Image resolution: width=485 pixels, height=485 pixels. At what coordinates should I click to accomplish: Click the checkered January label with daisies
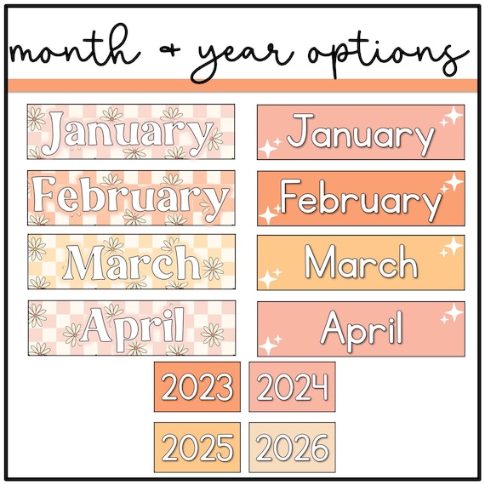(x=131, y=132)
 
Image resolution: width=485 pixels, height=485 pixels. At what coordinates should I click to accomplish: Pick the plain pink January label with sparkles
(x=361, y=133)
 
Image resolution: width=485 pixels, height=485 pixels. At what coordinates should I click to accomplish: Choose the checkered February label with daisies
(x=131, y=198)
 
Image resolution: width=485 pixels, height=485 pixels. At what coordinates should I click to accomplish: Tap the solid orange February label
(x=361, y=198)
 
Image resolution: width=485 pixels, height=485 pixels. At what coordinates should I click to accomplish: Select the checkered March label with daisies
(x=131, y=262)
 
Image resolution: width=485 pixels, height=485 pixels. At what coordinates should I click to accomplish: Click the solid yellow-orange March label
(x=361, y=263)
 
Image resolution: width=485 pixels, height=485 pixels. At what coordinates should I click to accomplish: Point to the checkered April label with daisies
(x=132, y=328)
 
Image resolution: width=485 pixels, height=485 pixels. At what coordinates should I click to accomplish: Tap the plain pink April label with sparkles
(x=361, y=329)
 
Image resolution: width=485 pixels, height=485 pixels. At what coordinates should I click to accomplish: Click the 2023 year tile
(x=197, y=386)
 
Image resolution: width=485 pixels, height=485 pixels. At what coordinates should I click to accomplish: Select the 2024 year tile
(x=292, y=386)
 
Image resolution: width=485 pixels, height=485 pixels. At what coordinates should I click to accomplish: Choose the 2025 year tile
(x=197, y=448)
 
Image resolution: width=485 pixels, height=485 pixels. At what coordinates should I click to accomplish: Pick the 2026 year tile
(x=292, y=448)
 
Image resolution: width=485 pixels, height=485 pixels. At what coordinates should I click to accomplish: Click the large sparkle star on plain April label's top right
(x=454, y=312)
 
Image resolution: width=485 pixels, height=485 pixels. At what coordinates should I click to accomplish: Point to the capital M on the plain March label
(x=320, y=262)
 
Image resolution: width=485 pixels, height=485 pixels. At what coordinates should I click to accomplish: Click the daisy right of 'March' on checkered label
(x=213, y=268)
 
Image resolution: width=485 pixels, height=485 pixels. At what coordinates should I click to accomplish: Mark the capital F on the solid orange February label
(x=290, y=196)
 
